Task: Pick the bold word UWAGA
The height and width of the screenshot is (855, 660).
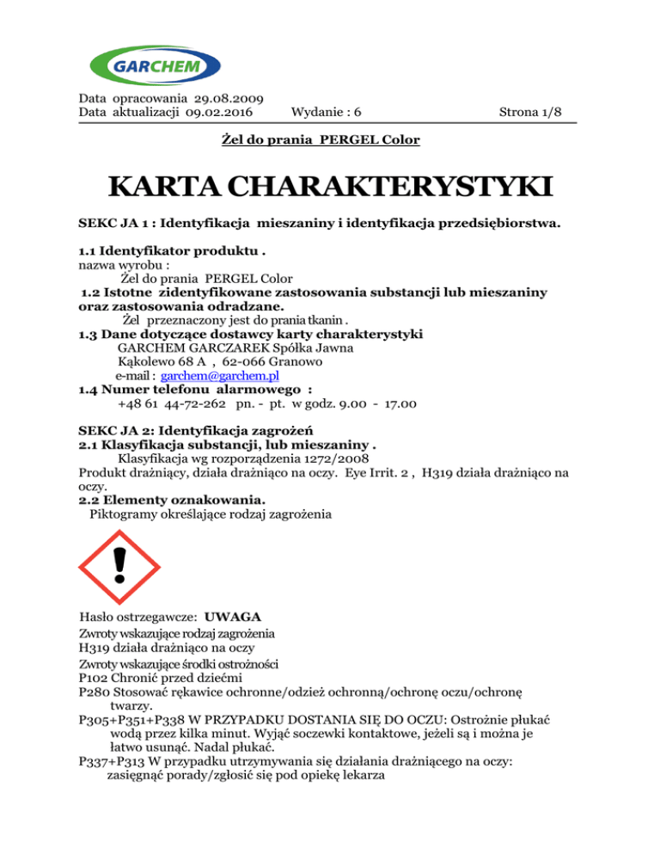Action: [235, 618]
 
